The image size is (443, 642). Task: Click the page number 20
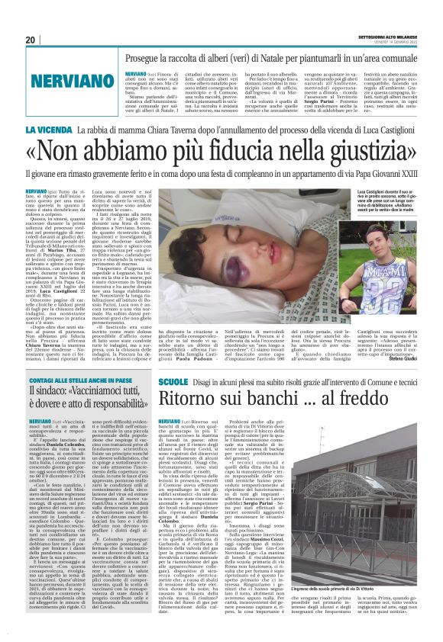[31, 40]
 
